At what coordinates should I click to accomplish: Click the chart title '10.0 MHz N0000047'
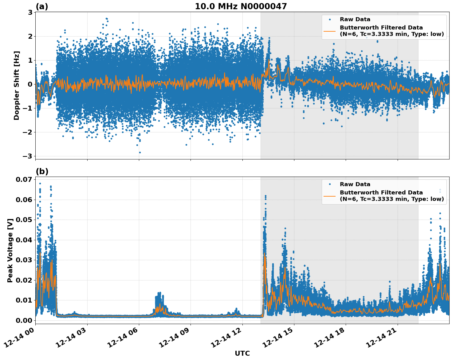click(241, 6)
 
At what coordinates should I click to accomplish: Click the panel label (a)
click(42, 6)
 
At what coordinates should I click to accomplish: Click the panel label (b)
click(42, 171)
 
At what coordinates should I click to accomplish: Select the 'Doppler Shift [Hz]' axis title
click(17, 85)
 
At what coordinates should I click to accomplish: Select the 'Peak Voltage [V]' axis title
click(10, 250)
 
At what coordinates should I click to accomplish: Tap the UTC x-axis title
click(242, 353)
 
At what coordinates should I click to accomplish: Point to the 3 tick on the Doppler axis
click(30, 13)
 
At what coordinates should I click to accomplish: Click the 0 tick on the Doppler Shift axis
click(30, 84)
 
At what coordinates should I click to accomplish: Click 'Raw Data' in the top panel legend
click(355, 19)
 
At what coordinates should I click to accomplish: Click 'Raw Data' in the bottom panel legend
click(355, 184)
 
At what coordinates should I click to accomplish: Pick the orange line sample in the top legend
click(329, 31)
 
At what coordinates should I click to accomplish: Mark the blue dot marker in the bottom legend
click(329, 184)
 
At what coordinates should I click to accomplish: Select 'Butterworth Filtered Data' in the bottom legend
click(381, 193)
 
